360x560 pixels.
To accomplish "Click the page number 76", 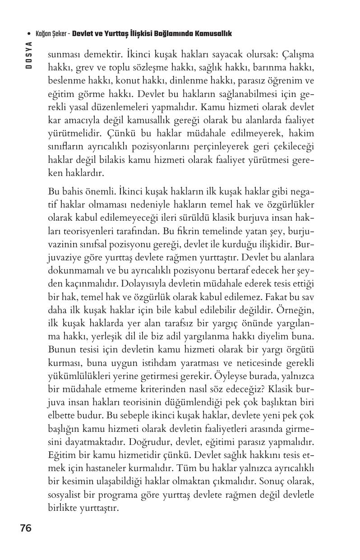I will [26, 528].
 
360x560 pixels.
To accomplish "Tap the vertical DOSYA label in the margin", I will [28, 55].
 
